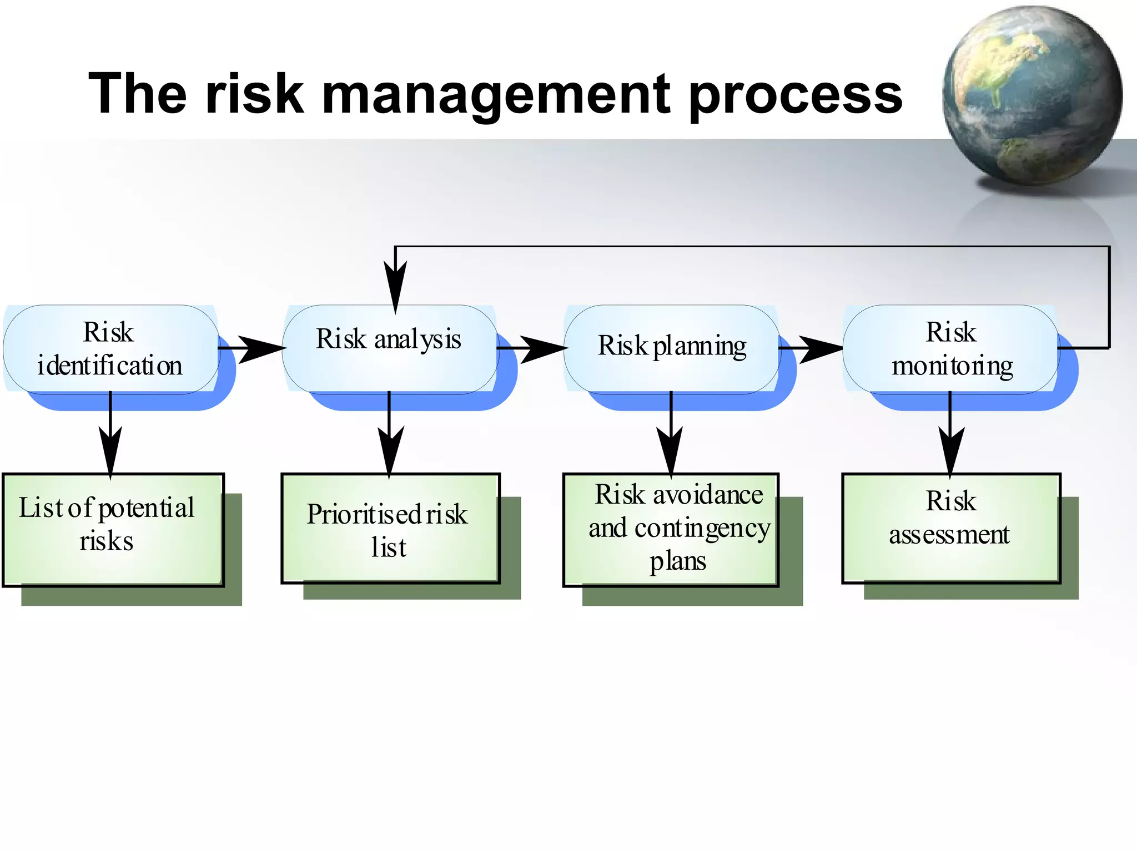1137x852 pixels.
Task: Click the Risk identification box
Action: click(111, 349)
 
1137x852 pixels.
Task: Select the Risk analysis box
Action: click(390, 349)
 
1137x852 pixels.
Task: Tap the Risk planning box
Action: click(672, 349)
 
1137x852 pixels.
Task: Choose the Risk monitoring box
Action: click(950, 349)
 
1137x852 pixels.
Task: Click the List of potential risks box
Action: click(113, 529)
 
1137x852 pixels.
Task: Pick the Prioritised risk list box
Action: click(391, 528)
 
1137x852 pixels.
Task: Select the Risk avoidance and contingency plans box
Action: click(671, 529)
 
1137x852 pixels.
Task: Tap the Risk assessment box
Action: click(951, 528)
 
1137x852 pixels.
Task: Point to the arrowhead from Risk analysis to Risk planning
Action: click(541, 349)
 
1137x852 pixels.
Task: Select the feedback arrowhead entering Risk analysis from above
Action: click(395, 286)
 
